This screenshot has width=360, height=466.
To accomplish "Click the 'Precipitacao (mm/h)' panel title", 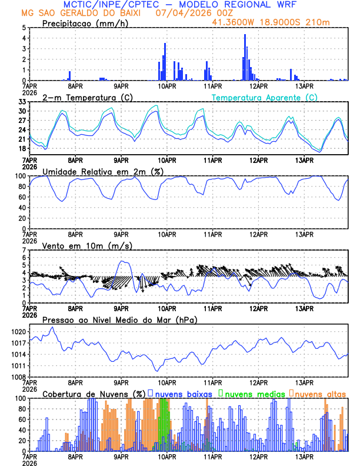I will [x=86, y=23].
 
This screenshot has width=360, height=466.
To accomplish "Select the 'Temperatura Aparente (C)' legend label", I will [x=265, y=97].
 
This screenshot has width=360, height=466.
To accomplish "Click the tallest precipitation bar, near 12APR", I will [x=245, y=57].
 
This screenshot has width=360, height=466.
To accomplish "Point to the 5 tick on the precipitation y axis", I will [x=24, y=28].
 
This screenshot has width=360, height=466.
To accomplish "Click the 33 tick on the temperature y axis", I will [x=22, y=102].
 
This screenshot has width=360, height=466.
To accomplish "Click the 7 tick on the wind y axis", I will [x=24, y=250].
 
